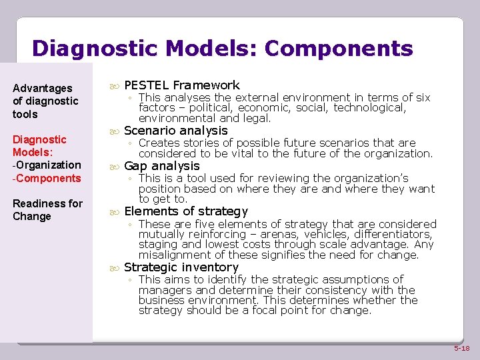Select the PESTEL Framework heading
[x=182, y=85]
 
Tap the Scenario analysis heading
[x=176, y=131]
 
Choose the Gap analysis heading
[x=162, y=166]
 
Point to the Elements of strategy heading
[x=186, y=211]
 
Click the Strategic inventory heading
[x=181, y=267]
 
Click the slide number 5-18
[x=462, y=349]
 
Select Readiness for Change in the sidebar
[x=47, y=210]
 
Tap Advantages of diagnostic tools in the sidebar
[x=45, y=101]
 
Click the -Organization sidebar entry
[x=47, y=165]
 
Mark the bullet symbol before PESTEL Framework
[x=113, y=85]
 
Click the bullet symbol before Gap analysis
[x=113, y=167]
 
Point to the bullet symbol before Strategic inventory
[x=113, y=268]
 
